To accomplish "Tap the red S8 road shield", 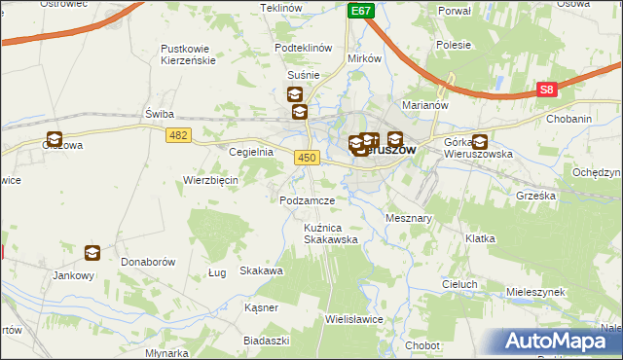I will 548,90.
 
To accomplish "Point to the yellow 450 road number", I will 307,157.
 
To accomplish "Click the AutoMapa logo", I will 562,342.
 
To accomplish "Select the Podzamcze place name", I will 307,199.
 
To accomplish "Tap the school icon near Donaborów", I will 92,253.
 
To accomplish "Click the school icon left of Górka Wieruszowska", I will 480,141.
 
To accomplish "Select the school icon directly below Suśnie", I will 294,94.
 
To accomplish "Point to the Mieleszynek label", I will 535,291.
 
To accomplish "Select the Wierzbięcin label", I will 211,180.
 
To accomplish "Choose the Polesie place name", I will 454,45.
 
